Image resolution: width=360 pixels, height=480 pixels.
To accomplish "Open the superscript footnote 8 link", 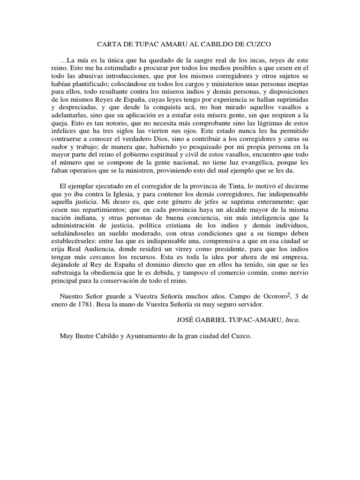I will pyautogui.click(x=289, y=294).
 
